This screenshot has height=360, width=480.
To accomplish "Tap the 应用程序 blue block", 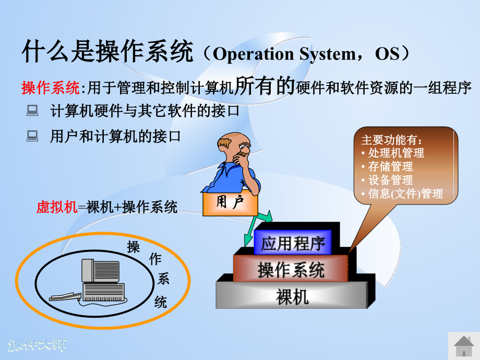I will [x=293, y=243].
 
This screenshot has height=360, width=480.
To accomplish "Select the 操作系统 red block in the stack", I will [x=291, y=270].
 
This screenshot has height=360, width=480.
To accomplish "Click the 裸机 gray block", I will [x=292, y=296].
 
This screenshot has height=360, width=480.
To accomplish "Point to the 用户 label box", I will [x=230, y=203].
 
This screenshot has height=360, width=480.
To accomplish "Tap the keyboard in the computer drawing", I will [x=65, y=298].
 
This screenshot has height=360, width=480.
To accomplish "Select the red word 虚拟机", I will [x=56, y=207].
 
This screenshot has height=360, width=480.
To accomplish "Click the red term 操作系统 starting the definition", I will [x=50, y=88].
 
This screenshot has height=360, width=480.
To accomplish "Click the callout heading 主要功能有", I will [x=391, y=140].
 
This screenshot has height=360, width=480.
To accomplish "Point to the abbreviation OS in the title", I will [x=387, y=54].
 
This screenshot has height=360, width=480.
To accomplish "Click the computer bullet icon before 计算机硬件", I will [x=32, y=110].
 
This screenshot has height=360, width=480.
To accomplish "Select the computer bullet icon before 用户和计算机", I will [x=32, y=137].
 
